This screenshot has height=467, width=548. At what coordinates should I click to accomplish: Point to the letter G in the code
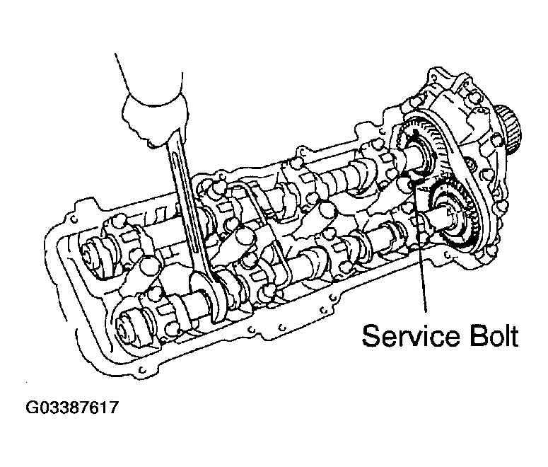(33, 408)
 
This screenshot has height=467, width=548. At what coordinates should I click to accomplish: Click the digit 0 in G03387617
(44, 408)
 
